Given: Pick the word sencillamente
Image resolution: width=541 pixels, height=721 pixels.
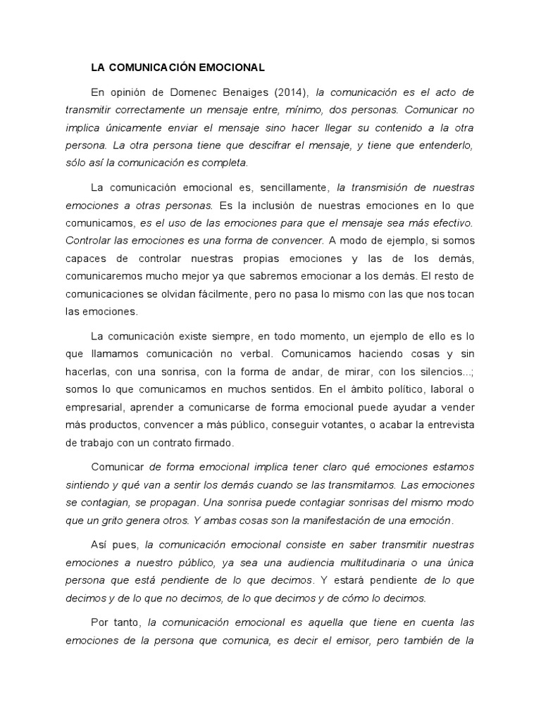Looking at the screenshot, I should pos(293,187).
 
